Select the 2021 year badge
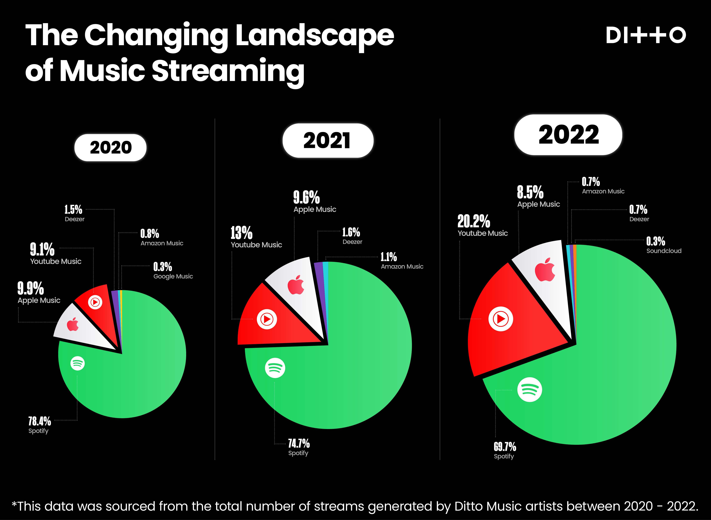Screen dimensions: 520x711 coord(327,141)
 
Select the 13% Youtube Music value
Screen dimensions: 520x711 coord(241,233)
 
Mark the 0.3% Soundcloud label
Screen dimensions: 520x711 coord(656,241)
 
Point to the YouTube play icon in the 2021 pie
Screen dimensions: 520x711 coord(267,319)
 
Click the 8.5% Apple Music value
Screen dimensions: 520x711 coord(530,192)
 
